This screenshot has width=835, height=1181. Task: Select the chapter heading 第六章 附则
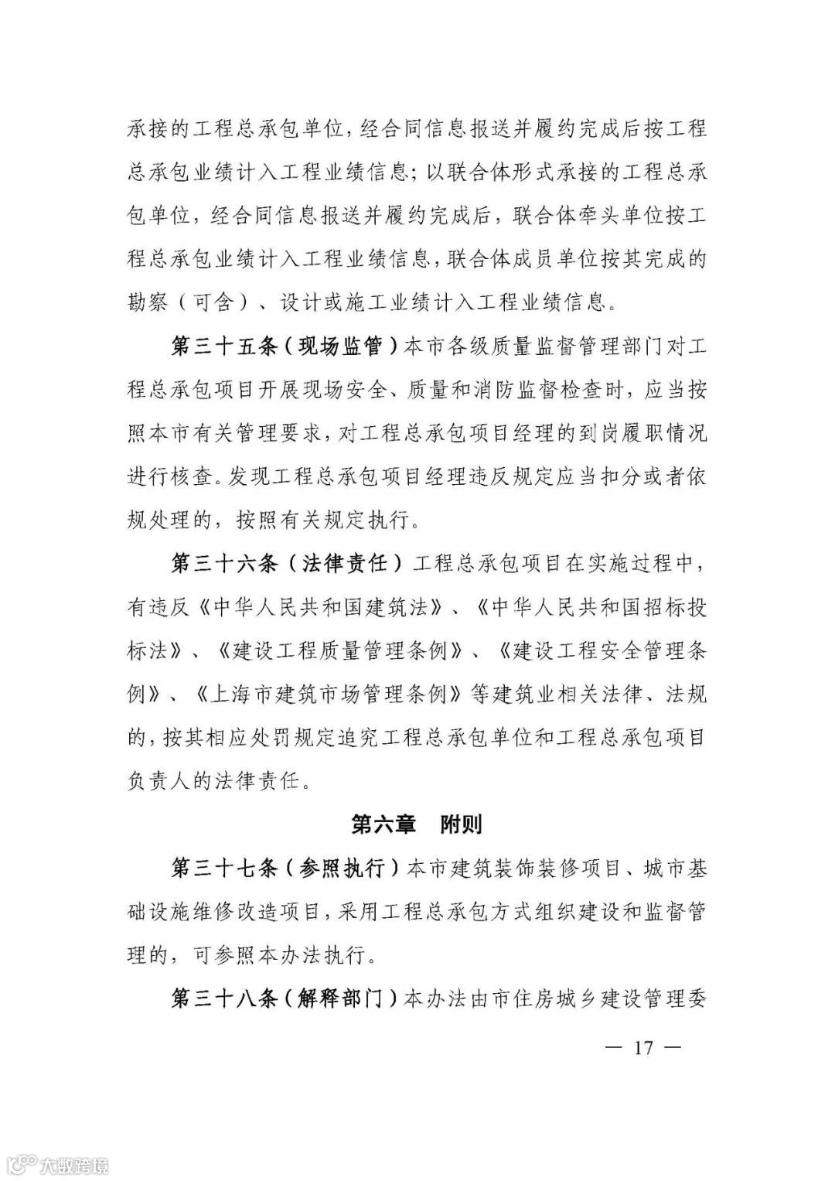pos(417,824)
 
